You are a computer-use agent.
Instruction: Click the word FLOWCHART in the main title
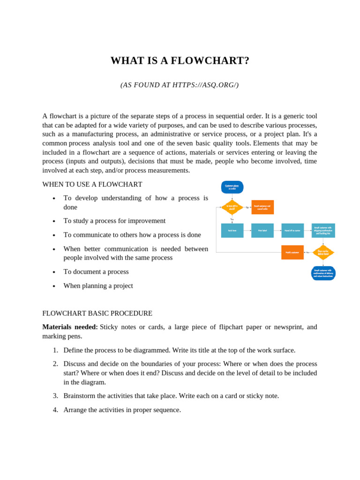coord(210,60)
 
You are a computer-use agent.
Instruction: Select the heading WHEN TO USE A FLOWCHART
coord(92,184)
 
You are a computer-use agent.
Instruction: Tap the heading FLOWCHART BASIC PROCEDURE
coord(97,313)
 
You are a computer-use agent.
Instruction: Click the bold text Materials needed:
coord(70,327)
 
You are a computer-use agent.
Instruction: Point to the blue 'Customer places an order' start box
coord(232,187)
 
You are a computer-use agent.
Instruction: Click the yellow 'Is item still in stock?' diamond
coord(232,207)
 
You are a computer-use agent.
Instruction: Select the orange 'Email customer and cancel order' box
coord(262,207)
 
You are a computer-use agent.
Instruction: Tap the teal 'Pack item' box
coord(232,231)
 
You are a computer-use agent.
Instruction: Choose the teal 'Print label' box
coord(262,231)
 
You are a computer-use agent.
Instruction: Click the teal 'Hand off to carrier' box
coord(292,231)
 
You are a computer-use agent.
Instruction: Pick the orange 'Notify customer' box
coord(292,252)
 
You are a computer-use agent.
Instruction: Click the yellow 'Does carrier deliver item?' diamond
coord(323,252)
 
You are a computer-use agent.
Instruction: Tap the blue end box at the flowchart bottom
coord(323,273)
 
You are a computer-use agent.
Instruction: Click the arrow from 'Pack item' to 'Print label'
coord(247,231)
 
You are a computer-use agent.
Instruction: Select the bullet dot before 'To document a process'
coord(54,272)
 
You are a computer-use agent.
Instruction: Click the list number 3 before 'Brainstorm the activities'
coord(55,396)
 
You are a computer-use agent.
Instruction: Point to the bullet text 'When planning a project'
coord(98,285)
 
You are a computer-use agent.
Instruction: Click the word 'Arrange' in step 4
coord(76,410)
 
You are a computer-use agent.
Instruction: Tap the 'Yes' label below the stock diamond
coord(232,219)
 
